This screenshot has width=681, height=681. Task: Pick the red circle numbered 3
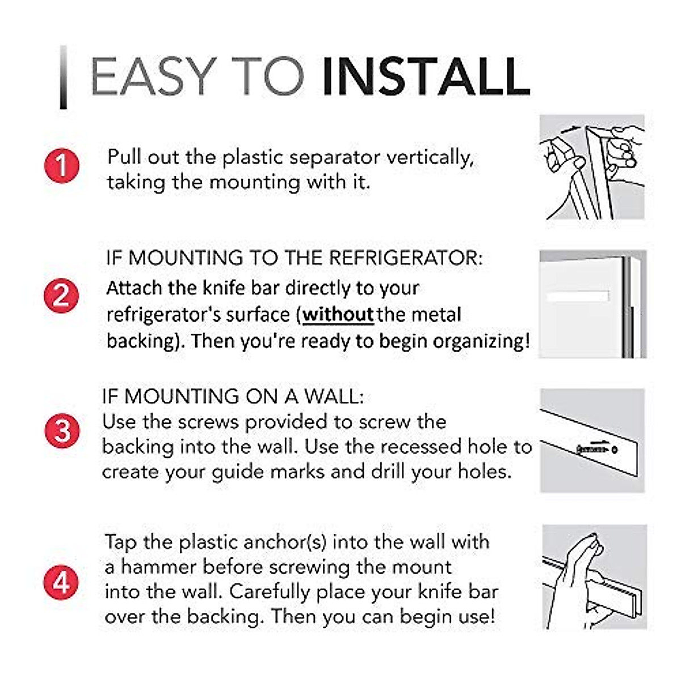(x=62, y=431)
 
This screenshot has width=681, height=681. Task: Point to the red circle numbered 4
(x=61, y=582)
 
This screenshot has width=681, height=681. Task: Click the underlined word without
(x=338, y=314)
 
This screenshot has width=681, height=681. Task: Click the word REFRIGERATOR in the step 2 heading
(x=406, y=258)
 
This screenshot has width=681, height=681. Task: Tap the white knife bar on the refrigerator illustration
(x=578, y=296)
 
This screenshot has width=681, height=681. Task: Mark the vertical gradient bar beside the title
(x=64, y=77)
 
